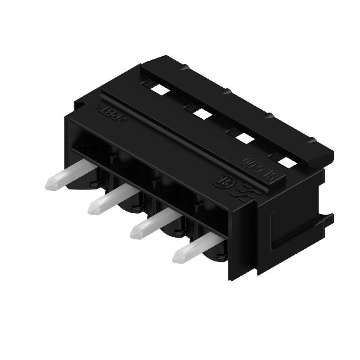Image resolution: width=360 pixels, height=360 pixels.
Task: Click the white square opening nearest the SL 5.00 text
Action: click(284, 161)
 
